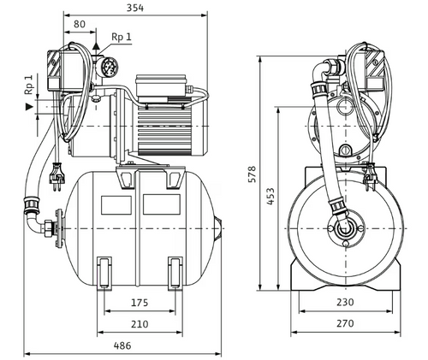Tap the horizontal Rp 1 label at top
tap(122, 38)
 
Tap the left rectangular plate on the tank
tap(116, 205)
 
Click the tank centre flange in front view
tap(344, 227)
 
